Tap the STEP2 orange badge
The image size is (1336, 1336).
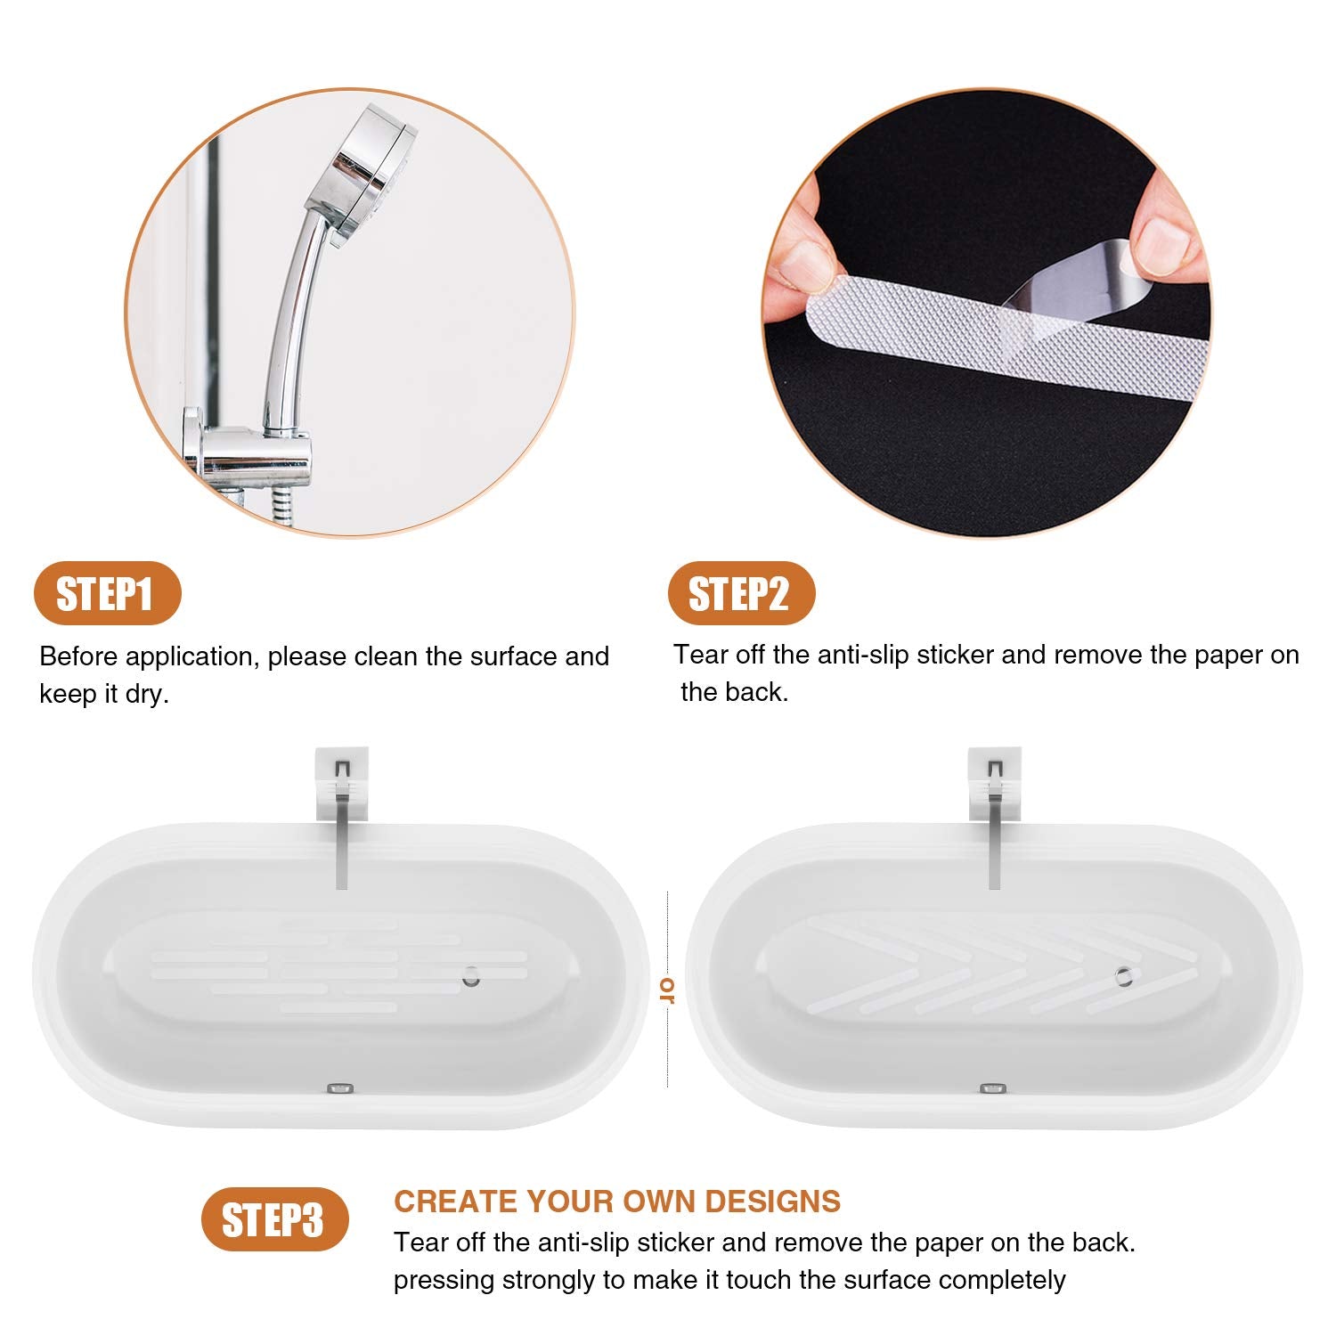click(741, 593)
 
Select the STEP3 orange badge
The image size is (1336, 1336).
click(274, 1219)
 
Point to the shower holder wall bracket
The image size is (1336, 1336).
click(249, 454)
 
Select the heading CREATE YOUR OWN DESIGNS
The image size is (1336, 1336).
click(617, 1202)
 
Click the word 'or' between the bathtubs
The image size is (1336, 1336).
click(667, 990)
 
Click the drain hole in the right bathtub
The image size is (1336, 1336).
click(1125, 976)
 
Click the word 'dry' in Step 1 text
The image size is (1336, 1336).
click(145, 695)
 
